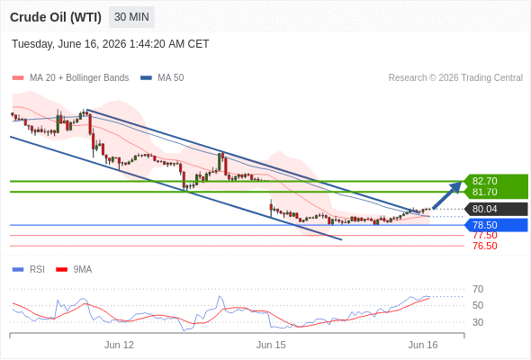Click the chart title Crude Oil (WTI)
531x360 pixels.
tap(56, 17)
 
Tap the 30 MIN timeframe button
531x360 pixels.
tap(131, 17)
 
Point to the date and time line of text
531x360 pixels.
tap(111, 44)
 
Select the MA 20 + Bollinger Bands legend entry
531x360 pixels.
tap(70, 78)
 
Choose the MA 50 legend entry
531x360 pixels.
tap(162, 78)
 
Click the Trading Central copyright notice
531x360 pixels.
tap(455, 78)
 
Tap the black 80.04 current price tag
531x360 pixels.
tap(495, 209)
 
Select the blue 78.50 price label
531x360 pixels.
tap(495, 225)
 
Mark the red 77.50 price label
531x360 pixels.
tap(485, 236)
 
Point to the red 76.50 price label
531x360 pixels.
tap(485, 246)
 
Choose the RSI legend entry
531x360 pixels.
tap(28, 270)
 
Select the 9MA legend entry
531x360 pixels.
tap(74, 270)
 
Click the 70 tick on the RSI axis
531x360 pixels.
tap(478, 289)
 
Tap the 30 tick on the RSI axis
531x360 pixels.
tap(478, 322)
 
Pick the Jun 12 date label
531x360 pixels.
tap(119, 345)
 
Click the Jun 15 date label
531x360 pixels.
tap(271, 345)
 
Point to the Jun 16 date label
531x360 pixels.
tap(423, 345)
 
